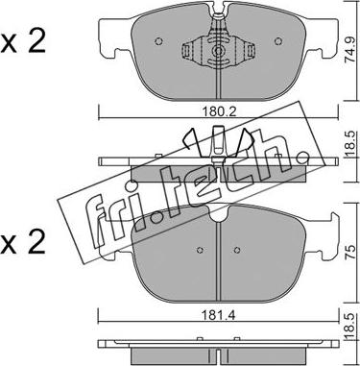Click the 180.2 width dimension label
pos(219,111)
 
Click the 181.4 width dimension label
pos(219,315)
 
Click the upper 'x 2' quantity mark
pos(23,42)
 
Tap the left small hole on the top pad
pos(158,41)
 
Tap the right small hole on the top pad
pos(278,41)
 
